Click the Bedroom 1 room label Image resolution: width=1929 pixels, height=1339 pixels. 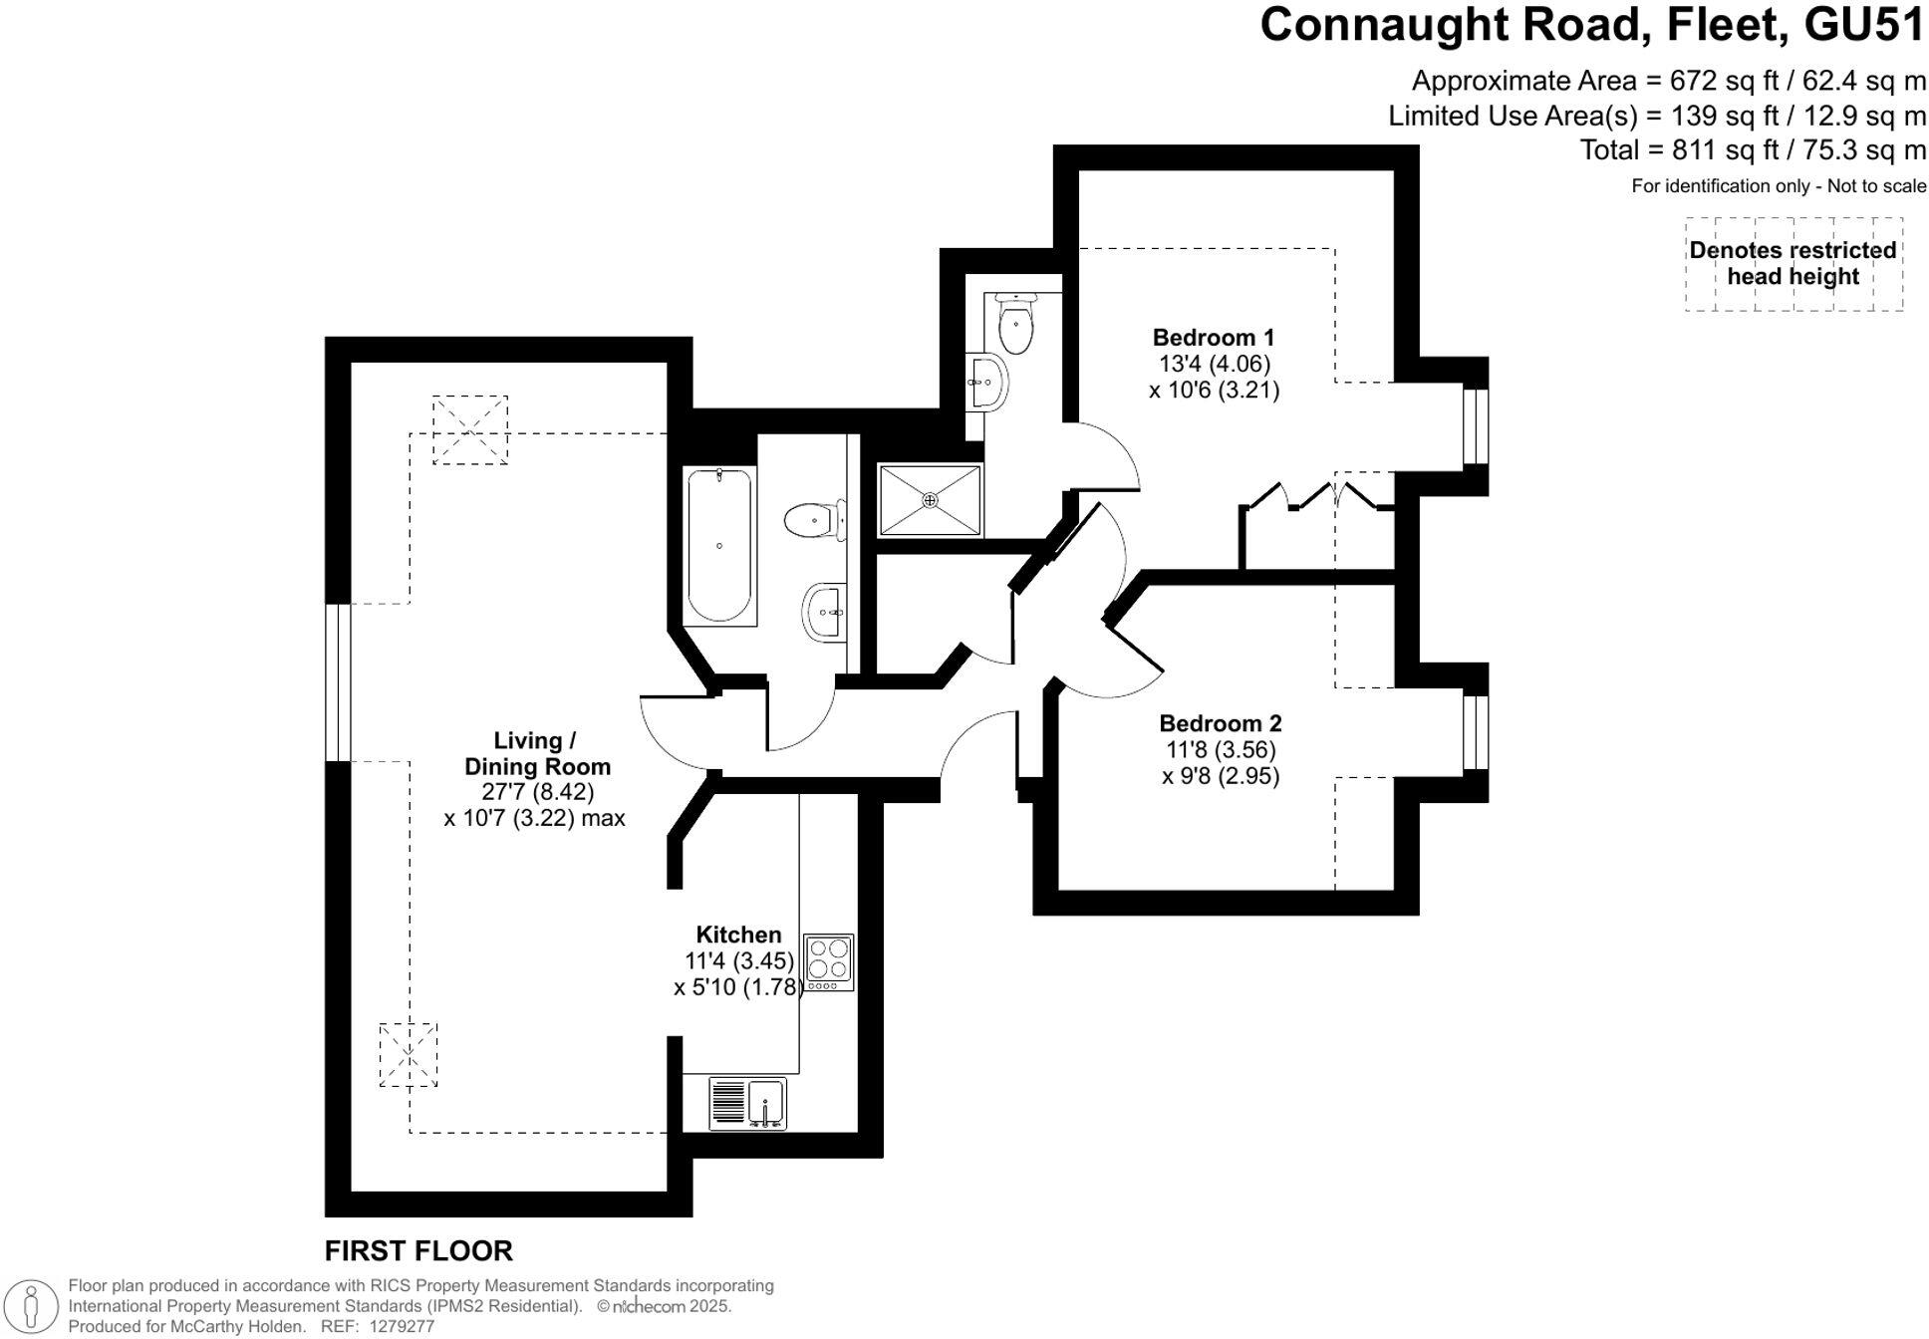tap(1213, 338)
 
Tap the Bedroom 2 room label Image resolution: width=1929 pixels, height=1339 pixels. tap(1220, 724)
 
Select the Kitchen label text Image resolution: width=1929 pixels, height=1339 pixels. tap(738, 935)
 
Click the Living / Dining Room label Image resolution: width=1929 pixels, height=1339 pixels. tap(536, 754)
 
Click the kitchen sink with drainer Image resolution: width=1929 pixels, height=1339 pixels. tap(747, 1103)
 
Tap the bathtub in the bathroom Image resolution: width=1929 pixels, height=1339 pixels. tap(719, 546)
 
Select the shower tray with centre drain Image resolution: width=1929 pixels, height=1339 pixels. tap(930, 500)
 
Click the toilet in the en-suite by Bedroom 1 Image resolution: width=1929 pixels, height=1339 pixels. tap(1015, 325)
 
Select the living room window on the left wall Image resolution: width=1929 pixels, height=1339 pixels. tap(338, 682)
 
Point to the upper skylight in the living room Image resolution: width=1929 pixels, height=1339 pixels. tap(469, 429)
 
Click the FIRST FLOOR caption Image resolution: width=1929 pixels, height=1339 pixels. tap(418, 1250)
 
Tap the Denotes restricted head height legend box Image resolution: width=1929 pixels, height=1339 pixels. tap(1792, 264)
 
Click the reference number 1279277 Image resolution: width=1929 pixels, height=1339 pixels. tap(402, 1327)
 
